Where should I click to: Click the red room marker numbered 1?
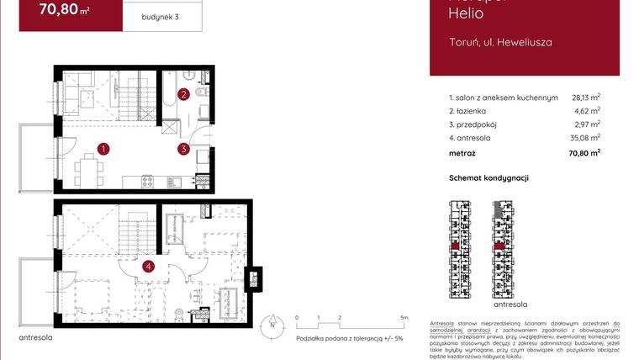(103, 149)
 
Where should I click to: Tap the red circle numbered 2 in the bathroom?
(183, 95)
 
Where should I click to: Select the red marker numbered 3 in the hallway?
(182, 149)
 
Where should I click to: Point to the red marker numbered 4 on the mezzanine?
(149, 267)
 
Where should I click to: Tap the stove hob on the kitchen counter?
(147, 180)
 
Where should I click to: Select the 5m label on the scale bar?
(404, 318)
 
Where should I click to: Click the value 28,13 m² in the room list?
(585, 98)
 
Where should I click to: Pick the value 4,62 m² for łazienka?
(588, 111)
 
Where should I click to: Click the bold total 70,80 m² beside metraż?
(584, 153)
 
